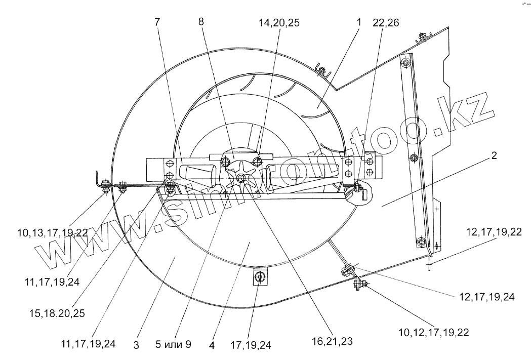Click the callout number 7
pos(157,22)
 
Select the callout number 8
pos(201,22)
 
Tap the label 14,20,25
pos(279,23)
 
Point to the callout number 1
pos(359,22)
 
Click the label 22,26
pos(386,23)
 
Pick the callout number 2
pos(494,155)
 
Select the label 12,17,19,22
pos(494,232)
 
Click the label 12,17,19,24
pos(486,297)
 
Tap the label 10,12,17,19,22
pos(434,333)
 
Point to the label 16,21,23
pos(332,341)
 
